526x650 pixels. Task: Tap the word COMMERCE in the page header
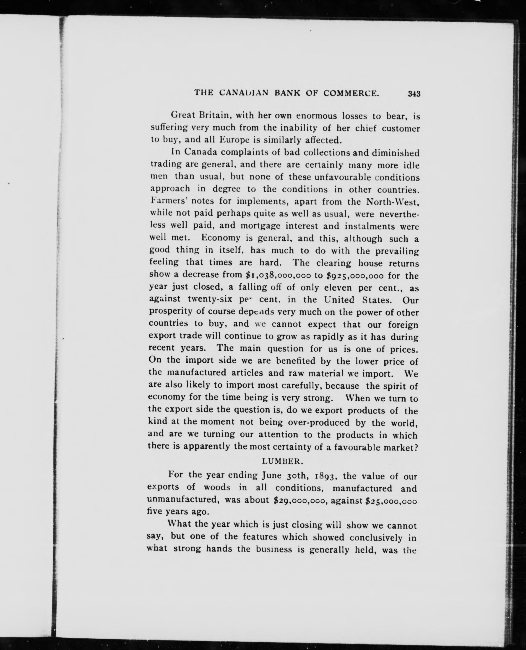(x=351, y=93)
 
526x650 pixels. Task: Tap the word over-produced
(x=318, y=422)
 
